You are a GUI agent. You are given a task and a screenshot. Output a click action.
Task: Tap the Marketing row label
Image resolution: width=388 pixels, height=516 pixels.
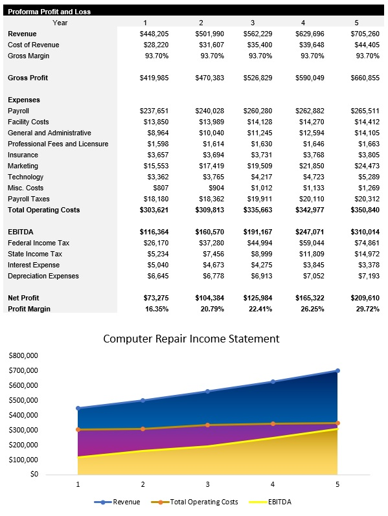[x=23, y=166]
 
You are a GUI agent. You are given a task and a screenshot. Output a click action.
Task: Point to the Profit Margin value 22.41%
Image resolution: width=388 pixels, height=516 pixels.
[x=260, y=309]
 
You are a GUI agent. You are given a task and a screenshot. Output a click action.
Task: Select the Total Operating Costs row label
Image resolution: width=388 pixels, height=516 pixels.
[x=44, y=210]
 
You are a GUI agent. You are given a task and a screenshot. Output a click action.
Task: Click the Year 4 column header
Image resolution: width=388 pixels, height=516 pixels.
[x=302, y=23]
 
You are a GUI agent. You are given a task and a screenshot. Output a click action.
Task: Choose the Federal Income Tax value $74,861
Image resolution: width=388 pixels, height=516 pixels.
[x=365, y=243]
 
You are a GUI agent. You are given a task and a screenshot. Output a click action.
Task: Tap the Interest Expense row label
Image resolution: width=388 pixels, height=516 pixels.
[x=34, y=265]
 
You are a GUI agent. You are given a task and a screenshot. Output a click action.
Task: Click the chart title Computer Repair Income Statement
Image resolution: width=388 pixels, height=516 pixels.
[x=191, y=339]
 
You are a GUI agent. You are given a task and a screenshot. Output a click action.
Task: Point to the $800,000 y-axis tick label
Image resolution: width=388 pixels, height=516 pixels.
[x=23, y=355]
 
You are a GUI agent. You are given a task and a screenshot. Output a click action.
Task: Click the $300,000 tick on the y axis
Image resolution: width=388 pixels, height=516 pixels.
[x=23, y=430]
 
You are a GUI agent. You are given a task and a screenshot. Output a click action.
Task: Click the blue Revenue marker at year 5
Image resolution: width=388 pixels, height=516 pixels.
[x=337, y=371]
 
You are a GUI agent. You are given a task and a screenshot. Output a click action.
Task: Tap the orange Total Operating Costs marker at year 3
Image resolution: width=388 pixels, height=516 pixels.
[x=208, y=425]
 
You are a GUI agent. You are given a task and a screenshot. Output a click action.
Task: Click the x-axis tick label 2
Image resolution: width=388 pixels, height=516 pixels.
[x=143, y=484]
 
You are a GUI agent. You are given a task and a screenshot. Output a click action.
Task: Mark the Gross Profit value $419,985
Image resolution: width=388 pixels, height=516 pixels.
[x=154, y=78]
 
